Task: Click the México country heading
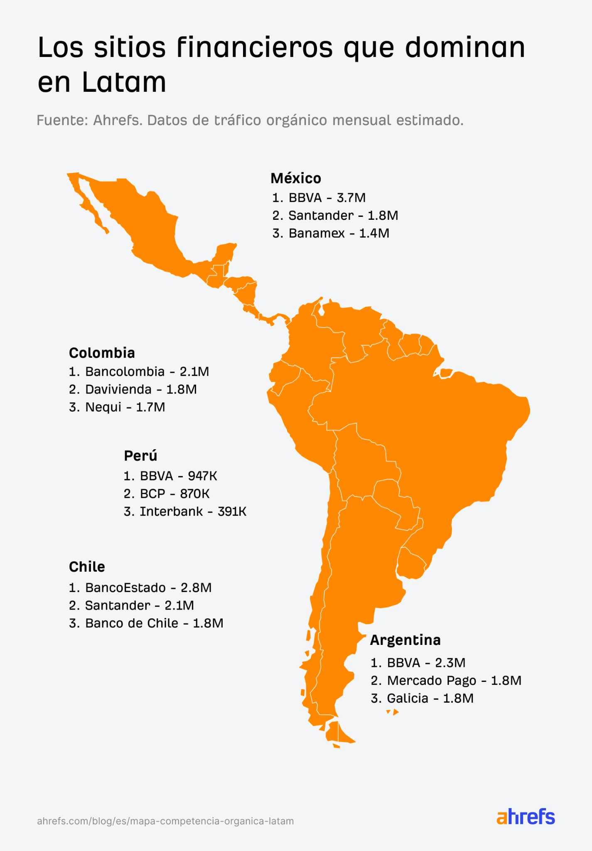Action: pos(296,178)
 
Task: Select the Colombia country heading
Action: pos(102,353)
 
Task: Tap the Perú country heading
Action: pos(140,456)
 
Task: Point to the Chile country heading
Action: pos(87,567)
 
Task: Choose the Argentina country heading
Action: pos(405,640)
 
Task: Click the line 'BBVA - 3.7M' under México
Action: pos(319,197)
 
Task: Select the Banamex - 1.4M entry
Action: pos(331,233)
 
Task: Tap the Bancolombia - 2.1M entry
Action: pos(139,371)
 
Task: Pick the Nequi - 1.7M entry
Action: pos(117,407)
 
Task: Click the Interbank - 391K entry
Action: pos(185,512)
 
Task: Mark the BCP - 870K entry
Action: pos(167,494)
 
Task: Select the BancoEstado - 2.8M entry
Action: pos(140,588)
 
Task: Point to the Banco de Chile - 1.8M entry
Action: pos(146,623)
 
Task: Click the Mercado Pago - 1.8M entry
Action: pos(446,680)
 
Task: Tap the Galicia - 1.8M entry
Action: pos(422,698)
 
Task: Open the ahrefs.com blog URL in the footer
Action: pos(165,821)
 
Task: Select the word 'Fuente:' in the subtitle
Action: pos(62,121)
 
